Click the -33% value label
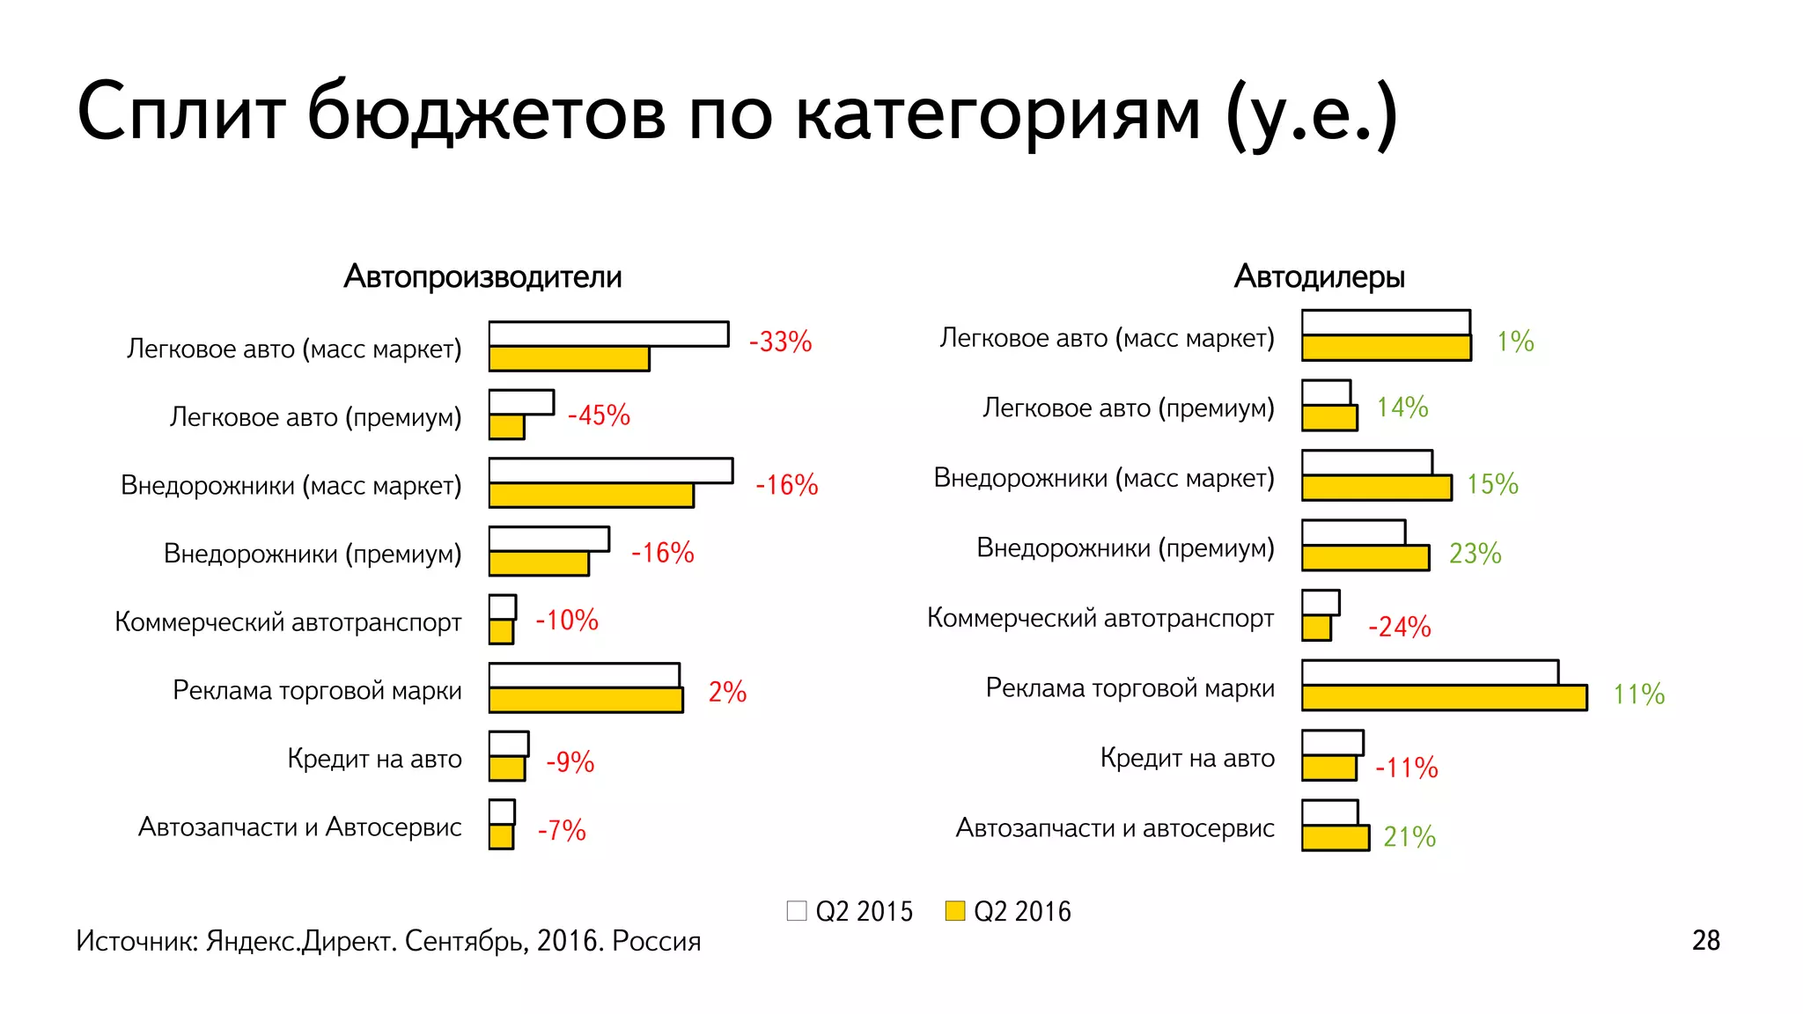pos(780,342)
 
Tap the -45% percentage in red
pos(599,415)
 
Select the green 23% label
pos(1475,554)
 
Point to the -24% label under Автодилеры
pos(1399,627)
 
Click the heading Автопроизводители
pos(482,276)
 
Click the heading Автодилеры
pos(1319,276)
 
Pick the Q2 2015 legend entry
pos(850,911)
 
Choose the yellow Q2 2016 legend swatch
pos(954,911)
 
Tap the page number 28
pos(1705,940)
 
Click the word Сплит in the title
pos(180,113)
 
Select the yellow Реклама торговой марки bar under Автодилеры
pos(1444,698)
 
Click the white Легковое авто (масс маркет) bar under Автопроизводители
pos(608,334)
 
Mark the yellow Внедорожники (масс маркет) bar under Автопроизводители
pos(591,496)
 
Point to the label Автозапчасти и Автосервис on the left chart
pos(299,827)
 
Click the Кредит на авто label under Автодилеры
pos(1187,758)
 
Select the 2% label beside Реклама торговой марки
pos(727,692)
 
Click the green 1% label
pos(1515,342)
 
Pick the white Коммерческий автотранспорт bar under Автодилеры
pos(1321,603)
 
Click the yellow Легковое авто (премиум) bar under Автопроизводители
pos(506,427)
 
